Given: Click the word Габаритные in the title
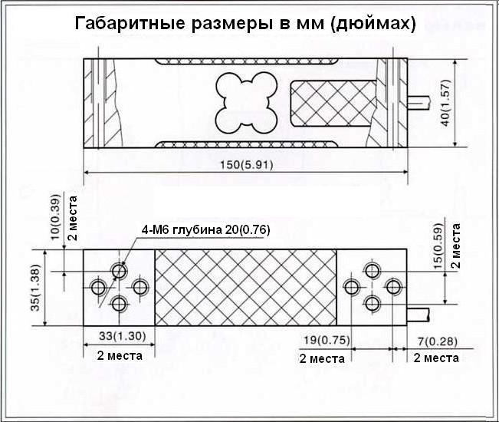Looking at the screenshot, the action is click(130, 23).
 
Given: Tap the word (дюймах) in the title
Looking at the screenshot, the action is click(373, 24).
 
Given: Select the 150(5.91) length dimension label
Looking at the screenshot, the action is click(247, 165).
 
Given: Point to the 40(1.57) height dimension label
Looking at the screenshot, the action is click(446, 103).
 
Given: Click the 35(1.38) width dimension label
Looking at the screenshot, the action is click(35, 288).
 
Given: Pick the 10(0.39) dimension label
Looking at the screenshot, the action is click(55, 217).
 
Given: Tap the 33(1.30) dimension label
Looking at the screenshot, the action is click(122, 336).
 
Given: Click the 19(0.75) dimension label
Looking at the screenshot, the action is click(327, 340).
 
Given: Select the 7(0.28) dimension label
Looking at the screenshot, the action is click(438, 341).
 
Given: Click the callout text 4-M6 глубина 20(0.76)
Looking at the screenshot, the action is click(205, 229).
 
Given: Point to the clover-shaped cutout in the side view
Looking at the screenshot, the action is click(247, 103).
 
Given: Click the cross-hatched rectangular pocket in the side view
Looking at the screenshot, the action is click(333, 103).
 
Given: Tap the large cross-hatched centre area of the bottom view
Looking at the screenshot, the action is click(246, 288).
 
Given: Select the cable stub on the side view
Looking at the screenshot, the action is click(419, 103).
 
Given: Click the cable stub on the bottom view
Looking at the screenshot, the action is click(419, 315).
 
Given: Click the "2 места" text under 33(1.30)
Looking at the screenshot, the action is click(120, 355).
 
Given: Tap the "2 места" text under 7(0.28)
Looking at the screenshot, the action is click(436, 358).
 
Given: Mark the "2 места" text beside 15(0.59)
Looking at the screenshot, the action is click(456, 246).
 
